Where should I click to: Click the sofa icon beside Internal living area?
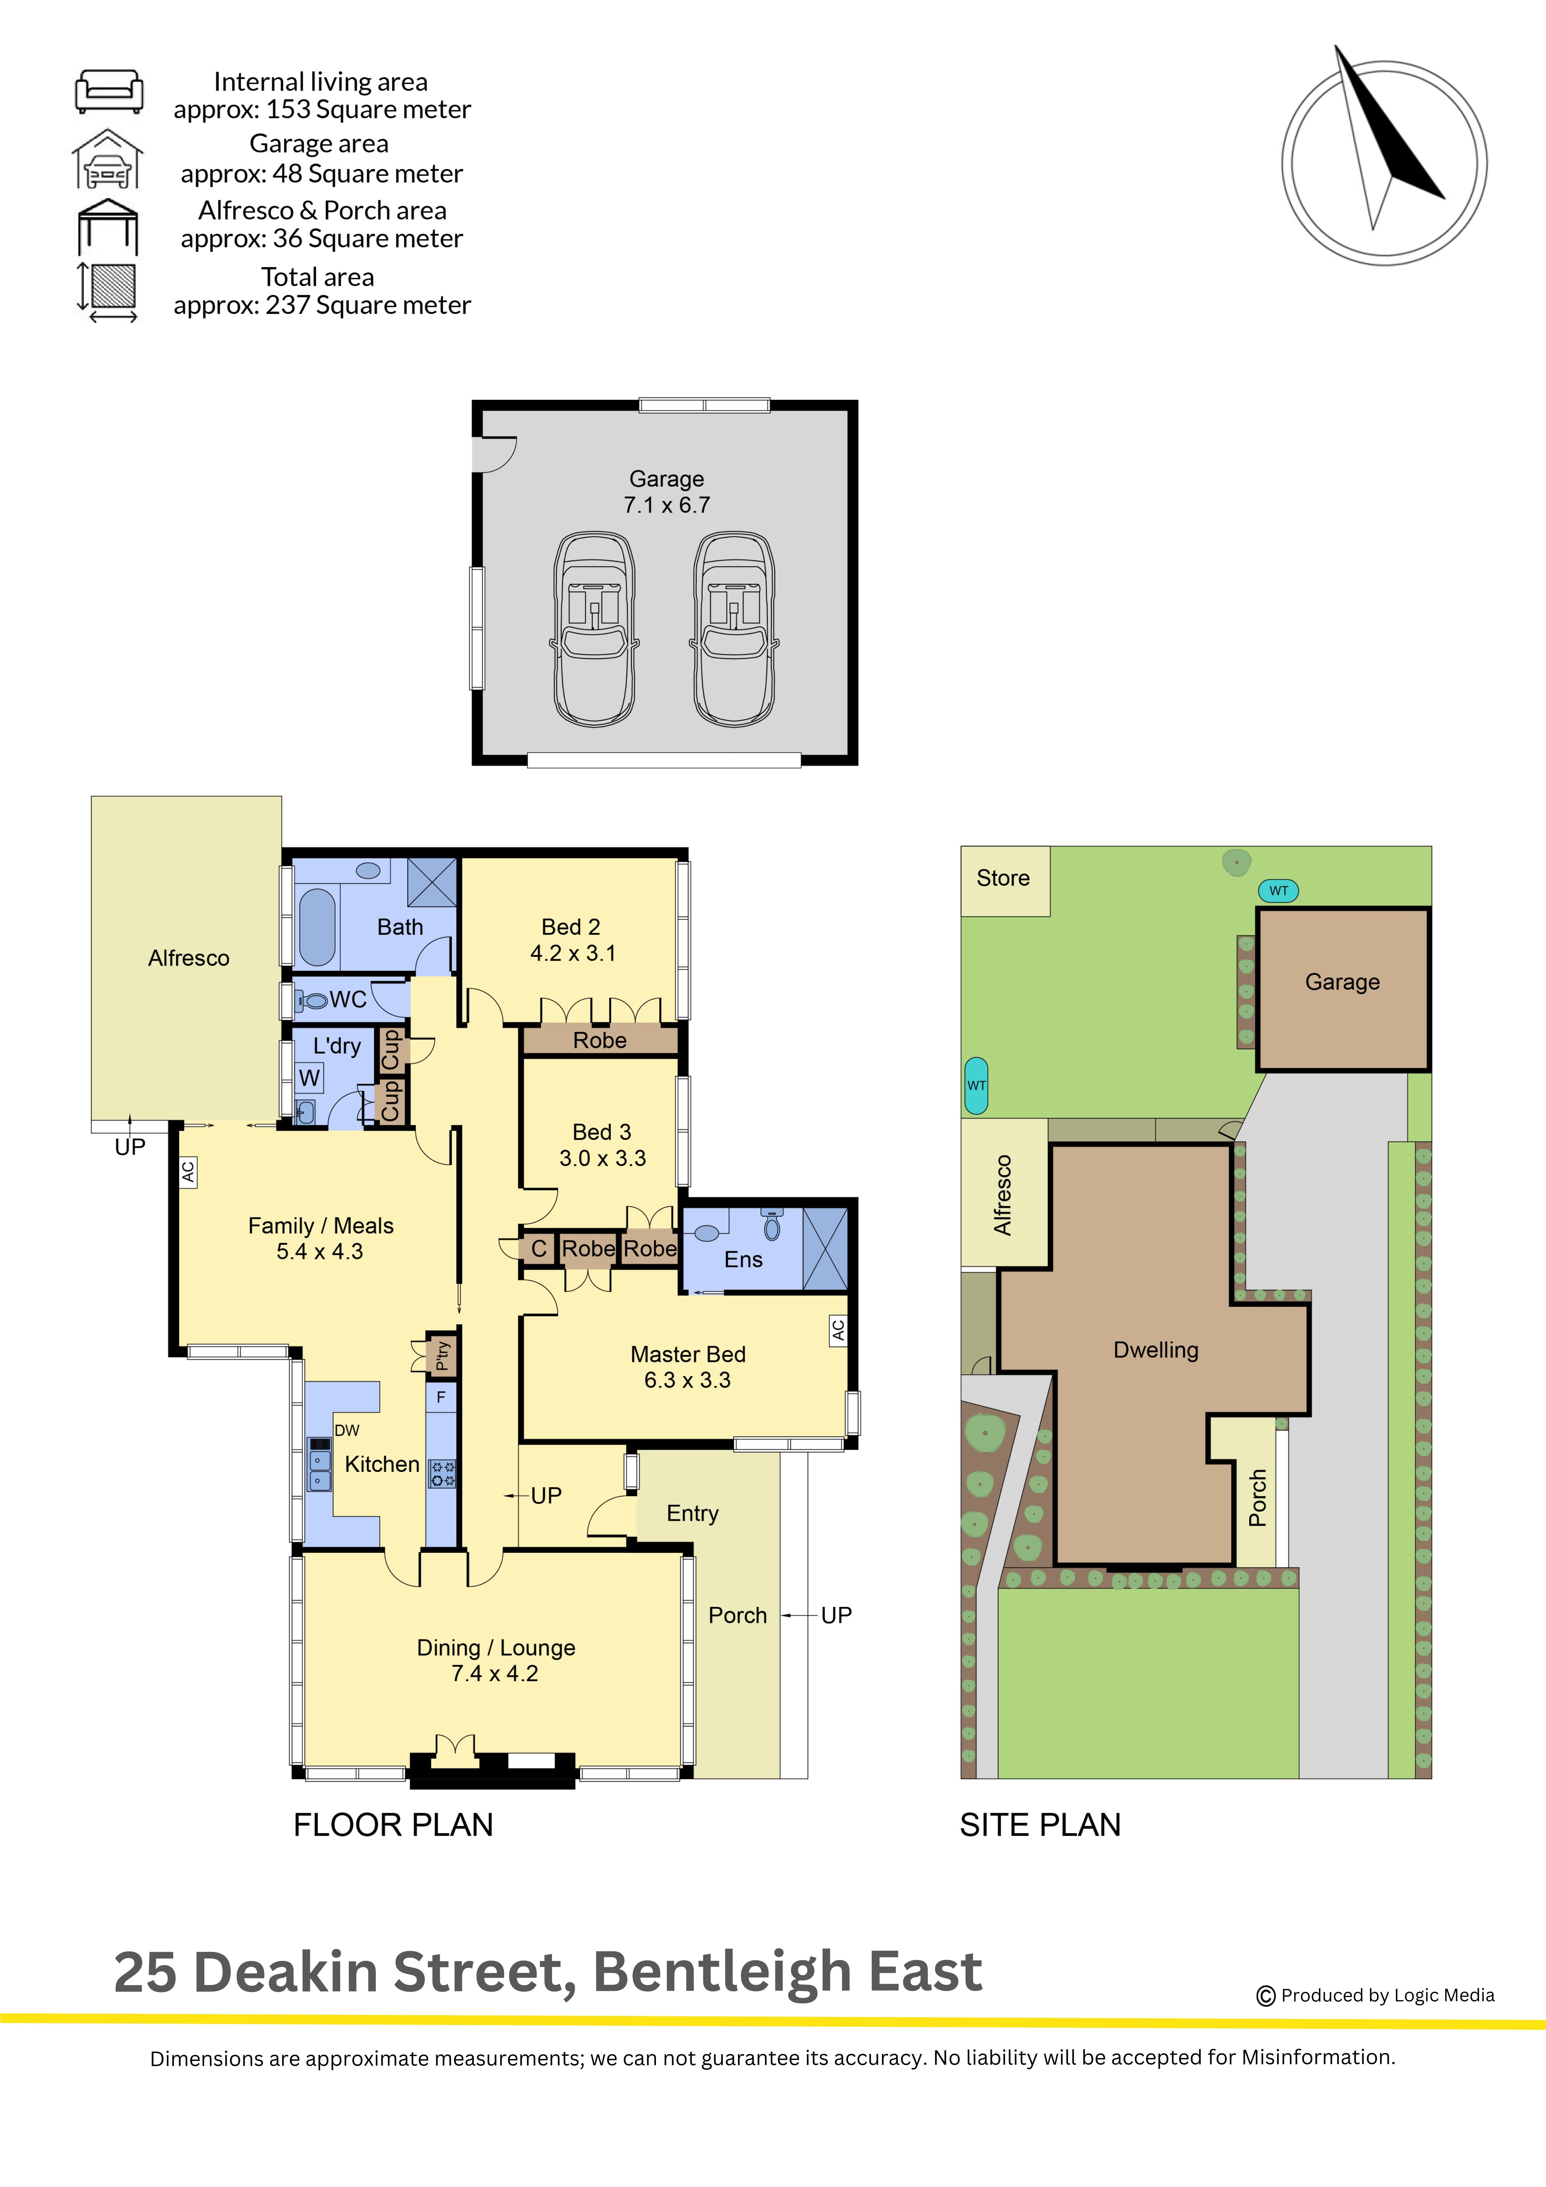click(x=110, y=91)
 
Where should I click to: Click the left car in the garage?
click(x=595, y=630)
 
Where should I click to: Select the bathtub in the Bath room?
click(x=317, y=927)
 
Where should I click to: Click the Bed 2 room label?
click(x=571, y=927)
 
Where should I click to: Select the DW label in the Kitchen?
click(x=347, y=1430)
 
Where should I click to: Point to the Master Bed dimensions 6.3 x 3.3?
click(x=688, y=1380)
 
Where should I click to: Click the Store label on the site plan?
click(x=1003, y=878)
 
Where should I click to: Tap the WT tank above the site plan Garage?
click(x=1278, y=891)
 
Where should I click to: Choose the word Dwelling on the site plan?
click(x=1156, y=1350)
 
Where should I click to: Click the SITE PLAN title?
click(x=1040, y=1824)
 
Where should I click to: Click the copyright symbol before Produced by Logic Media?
click(x=1266, y=1996)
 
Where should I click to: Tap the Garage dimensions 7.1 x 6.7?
click(x=667, y=505)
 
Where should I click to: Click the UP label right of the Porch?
click(x=836, y=1616)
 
